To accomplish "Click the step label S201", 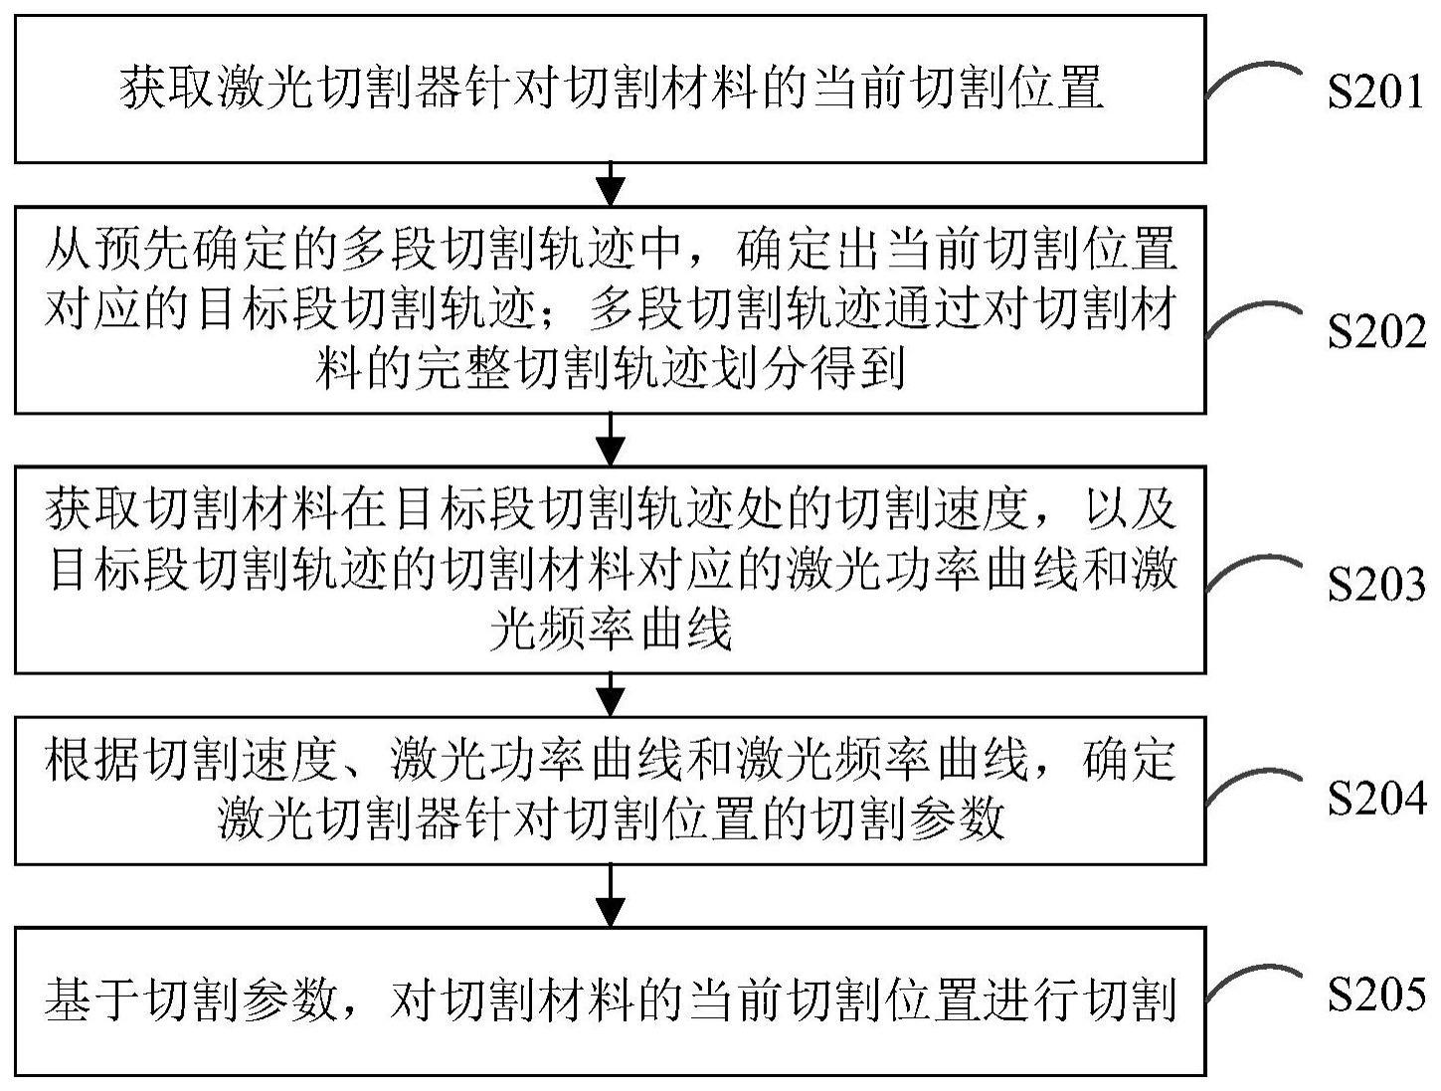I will coord(1375,92).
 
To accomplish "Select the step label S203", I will coord(1375,586).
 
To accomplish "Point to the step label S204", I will coord(1375,800).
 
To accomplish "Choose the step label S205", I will coord(1375,995).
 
